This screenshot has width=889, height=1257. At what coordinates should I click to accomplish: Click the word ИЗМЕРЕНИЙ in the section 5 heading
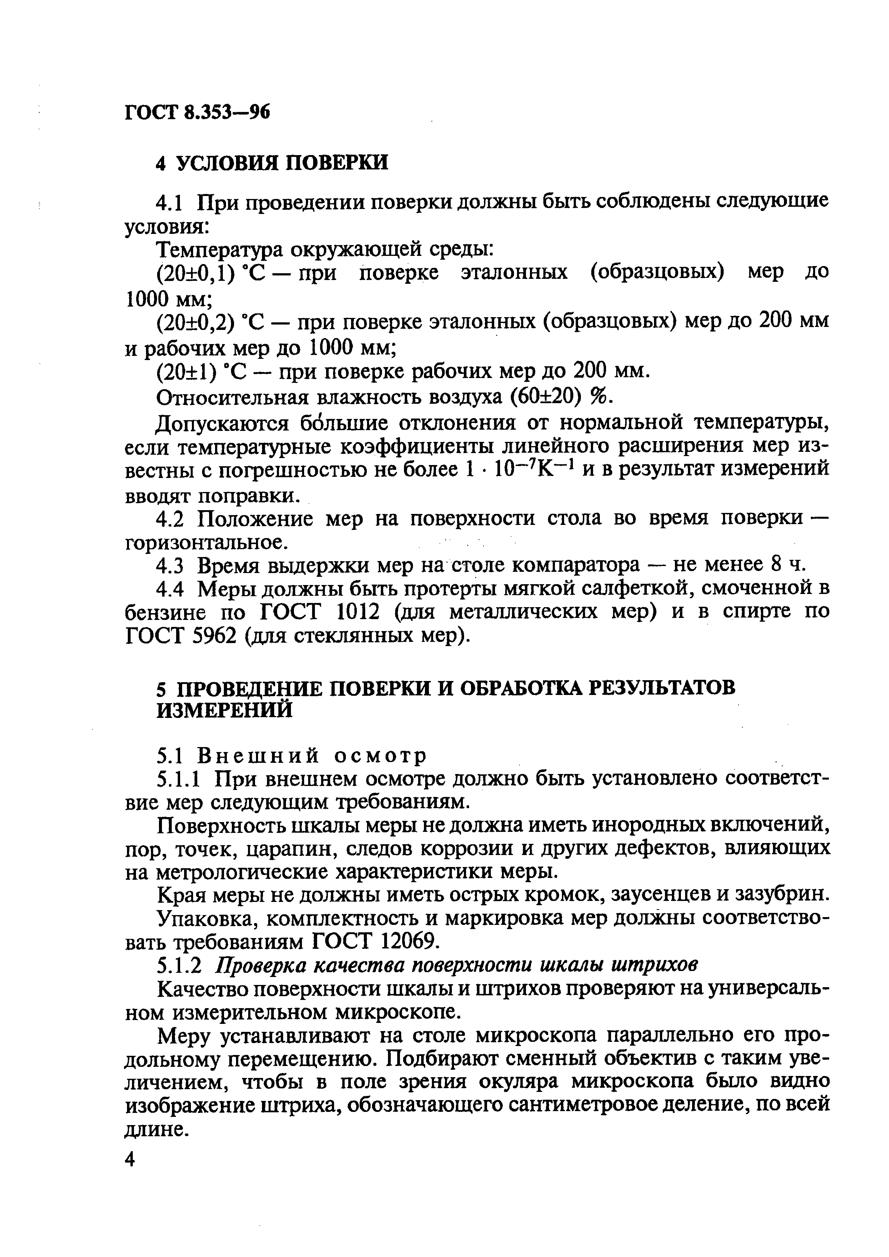coord(225,711)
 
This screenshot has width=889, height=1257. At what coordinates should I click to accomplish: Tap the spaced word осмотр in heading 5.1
coord(380,756)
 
